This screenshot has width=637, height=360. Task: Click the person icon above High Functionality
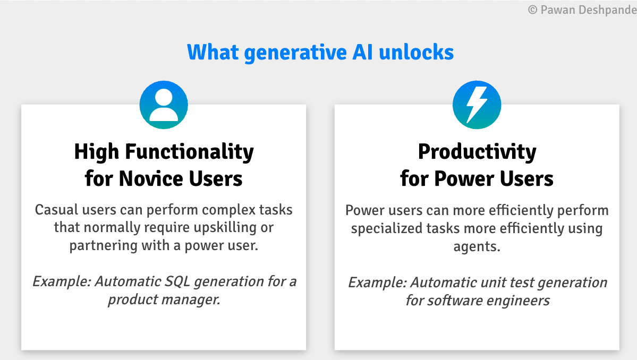[164, 105]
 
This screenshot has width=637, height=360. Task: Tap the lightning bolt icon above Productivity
[477, 105]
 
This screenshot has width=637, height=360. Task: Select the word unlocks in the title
[416, 52]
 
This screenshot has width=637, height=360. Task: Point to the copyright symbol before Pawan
[532, 10]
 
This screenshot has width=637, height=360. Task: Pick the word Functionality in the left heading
[189, 152]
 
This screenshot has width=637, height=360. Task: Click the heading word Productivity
[477, 152]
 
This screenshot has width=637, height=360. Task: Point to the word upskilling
[225, 228]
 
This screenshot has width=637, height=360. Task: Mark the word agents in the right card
[477, 247]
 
